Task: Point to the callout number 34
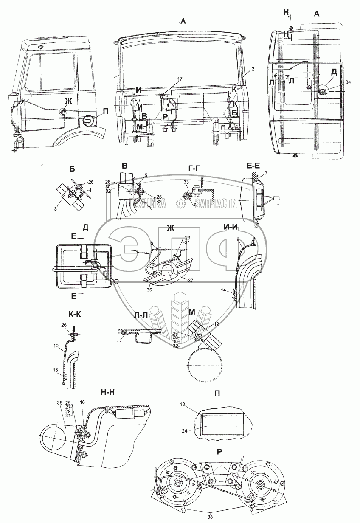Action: click(x=337, y=82)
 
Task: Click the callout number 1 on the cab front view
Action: click(x=112, y=77)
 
